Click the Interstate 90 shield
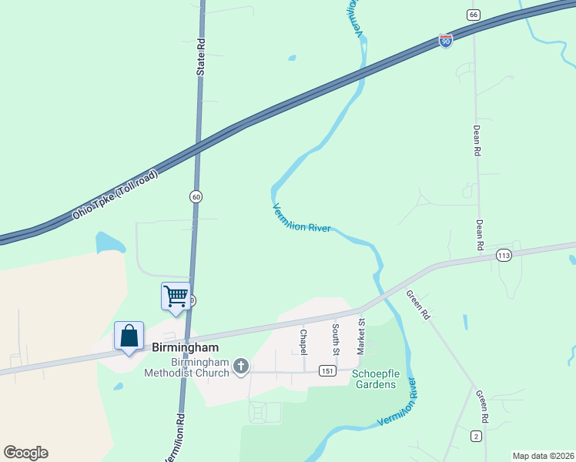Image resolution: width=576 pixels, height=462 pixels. tap(446, 40)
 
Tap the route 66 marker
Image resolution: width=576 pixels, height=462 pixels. tap(473, 15)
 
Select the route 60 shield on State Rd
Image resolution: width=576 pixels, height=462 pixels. tap(196, 197)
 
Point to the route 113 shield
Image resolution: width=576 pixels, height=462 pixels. tap(504, 256)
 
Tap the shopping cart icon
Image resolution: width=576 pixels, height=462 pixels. tap(176, 296)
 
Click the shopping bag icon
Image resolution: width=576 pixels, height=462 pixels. tap(129, 336)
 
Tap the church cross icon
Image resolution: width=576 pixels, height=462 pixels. tap(241, 367)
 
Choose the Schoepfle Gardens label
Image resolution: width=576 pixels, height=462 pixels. tap(373, 379)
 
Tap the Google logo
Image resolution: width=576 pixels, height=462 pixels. tap(25, 453)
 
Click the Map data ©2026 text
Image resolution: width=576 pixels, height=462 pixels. tap(542, 456)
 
